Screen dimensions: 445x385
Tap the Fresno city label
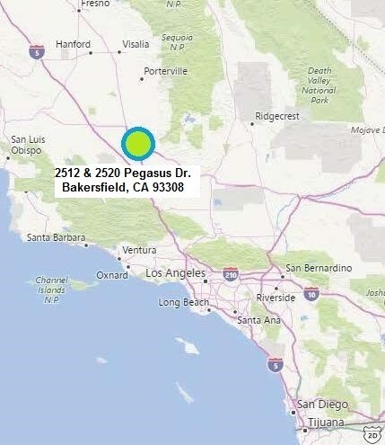[x=94, y=4]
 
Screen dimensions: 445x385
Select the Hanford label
[x=73, y=44]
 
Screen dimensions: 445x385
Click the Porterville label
[x=165, y=70]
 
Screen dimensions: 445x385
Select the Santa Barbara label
[x=56, y=238]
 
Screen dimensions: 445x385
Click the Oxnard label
[x=113, y=275]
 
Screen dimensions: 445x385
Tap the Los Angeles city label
[x=176, y=273]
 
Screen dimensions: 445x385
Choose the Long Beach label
[x=182, y=302]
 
